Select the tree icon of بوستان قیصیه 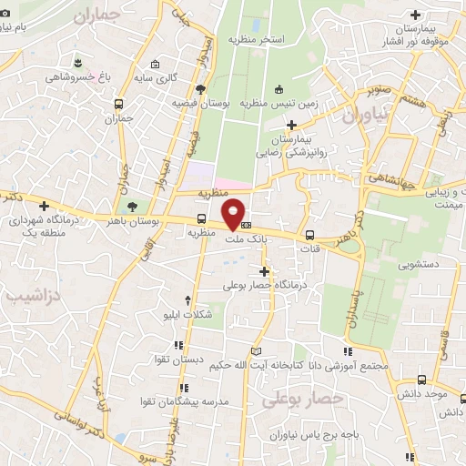(x=199, y=88)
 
